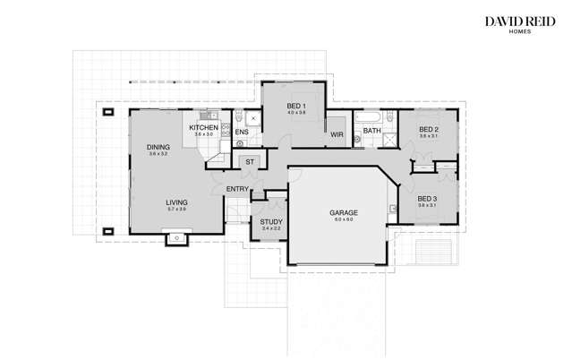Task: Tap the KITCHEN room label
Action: [x=203, y=128]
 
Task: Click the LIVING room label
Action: [x=176, y=202]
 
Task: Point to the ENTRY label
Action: [x=237, y=189]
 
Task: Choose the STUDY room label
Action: [x=271, y=221]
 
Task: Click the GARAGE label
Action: [x=344, y=213]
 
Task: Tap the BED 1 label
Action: [x=296, y=107]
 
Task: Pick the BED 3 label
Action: [x=427, y=198]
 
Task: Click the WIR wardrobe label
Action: [x=337, y=134]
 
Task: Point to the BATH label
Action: [x=373, y=131]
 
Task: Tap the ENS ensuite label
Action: [x=242, y=132]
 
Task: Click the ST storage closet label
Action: [x=250, y=162]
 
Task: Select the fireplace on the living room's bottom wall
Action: [x=176, y=237]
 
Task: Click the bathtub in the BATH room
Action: [x=368, y=117]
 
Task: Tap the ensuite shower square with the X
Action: [x=253, y=118]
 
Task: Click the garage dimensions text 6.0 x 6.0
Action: [x=344, y=219]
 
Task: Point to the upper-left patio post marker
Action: [x=107, y=112]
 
